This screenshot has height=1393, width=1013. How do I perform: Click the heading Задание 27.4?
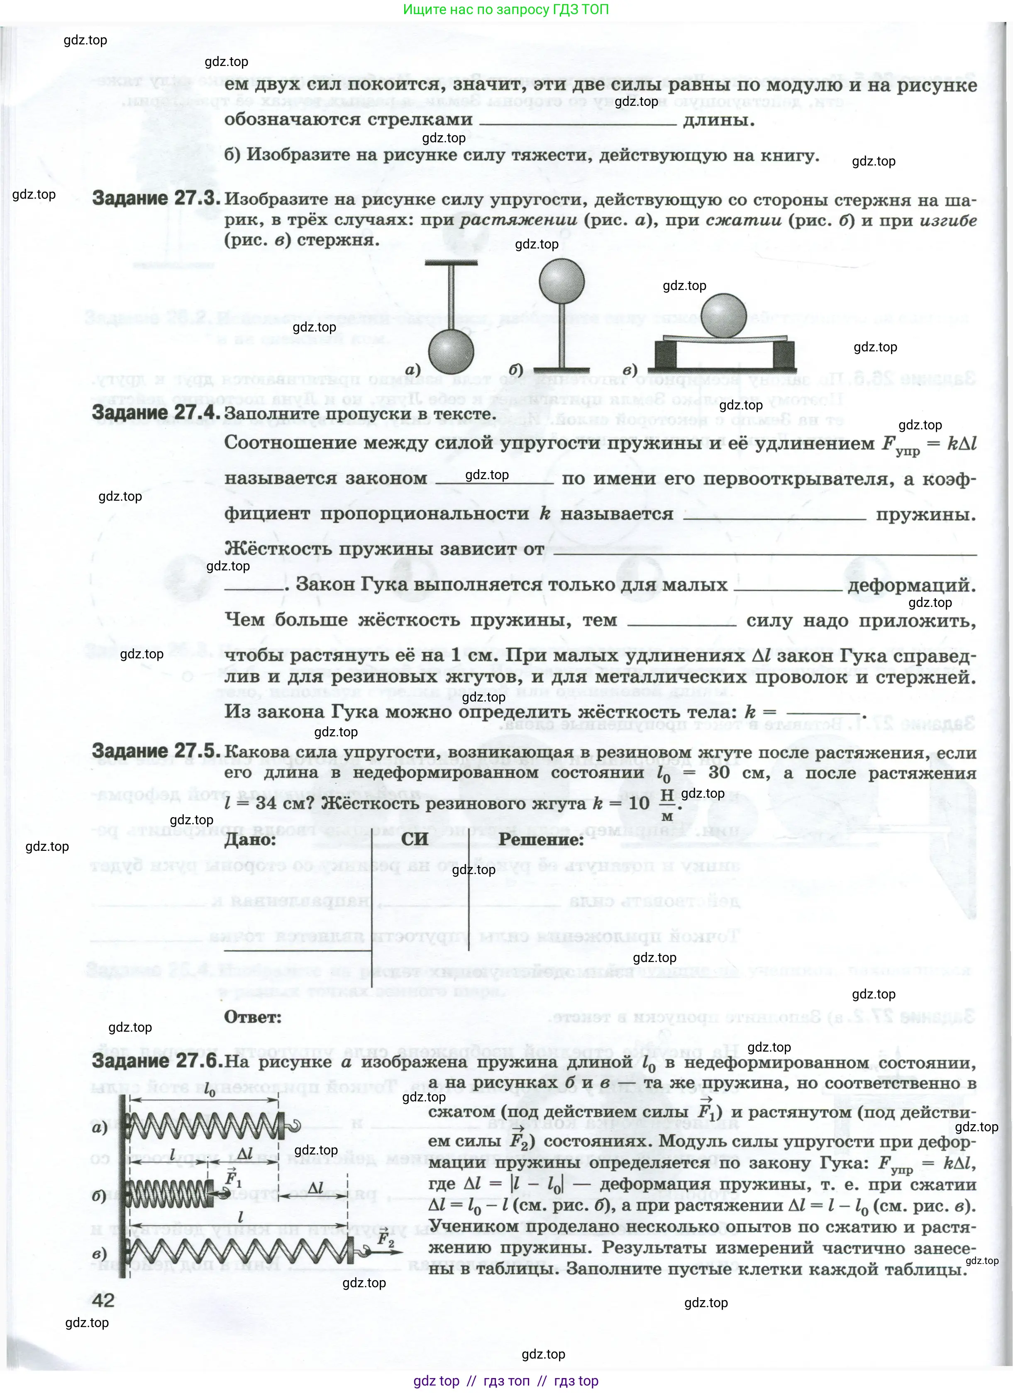(156, 413)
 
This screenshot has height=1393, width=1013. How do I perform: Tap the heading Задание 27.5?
(156, 750)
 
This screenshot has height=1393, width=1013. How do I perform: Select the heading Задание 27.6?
(156, 1061)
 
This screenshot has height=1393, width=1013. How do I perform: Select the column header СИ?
(415, 839)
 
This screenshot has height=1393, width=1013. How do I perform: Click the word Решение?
(541, 839)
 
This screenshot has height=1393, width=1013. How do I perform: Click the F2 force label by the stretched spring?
(386, 1239)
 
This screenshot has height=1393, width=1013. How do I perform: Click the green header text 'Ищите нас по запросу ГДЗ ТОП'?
(506, 9)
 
